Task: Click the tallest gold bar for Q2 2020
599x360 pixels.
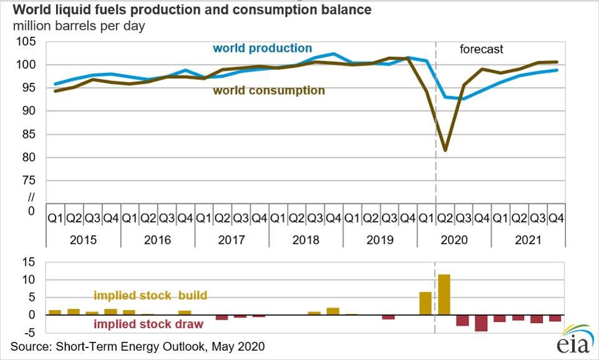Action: [444, 294]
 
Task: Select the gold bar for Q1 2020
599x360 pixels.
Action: [426, 303]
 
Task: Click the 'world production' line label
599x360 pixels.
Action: [262, 48]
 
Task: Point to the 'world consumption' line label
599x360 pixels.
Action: [269, 90]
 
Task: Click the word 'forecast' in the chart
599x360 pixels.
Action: [481, 49]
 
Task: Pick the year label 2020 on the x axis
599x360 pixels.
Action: [454, 240]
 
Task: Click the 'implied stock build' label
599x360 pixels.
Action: [150, 295]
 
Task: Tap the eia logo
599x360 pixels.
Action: [570, 342]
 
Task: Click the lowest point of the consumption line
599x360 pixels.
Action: [444, 150]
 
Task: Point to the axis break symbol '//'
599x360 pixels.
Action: [32, 197]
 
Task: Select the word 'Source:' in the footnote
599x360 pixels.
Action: [30, 346]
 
